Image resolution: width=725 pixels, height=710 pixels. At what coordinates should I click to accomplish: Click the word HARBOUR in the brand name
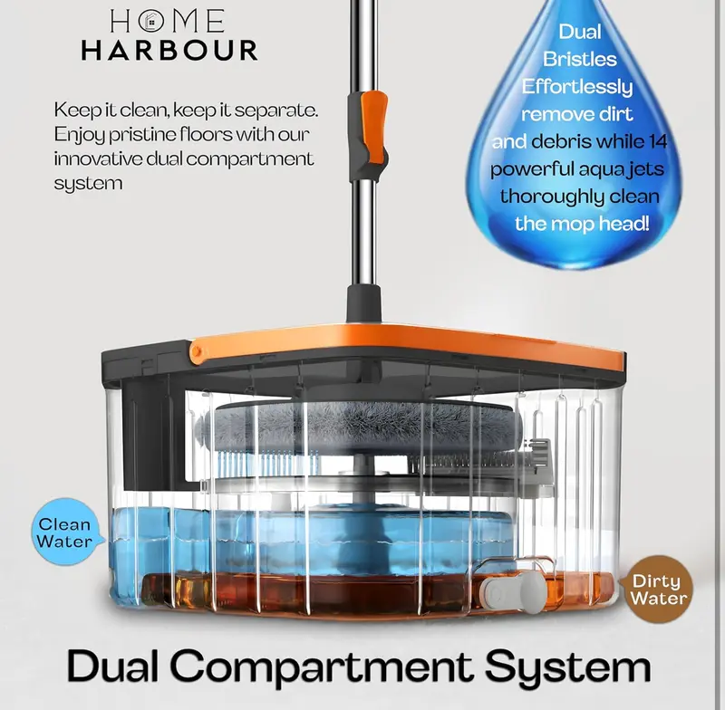(169, 51)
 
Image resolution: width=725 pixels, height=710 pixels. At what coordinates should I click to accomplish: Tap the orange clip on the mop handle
(373, 127)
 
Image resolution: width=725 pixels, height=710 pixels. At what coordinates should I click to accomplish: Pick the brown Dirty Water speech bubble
(657, 589)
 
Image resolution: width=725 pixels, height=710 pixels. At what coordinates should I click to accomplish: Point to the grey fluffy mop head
(363, 424)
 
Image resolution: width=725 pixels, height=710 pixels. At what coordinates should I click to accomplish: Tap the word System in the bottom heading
(567, 667)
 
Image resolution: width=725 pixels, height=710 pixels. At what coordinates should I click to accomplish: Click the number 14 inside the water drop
(658, 141)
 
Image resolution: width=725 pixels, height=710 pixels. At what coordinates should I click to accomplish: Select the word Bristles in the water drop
(580, 59)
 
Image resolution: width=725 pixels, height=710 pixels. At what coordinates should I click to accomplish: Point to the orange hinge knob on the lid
(198, 350)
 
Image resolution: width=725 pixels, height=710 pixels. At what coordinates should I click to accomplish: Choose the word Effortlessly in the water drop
(577, 87)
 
